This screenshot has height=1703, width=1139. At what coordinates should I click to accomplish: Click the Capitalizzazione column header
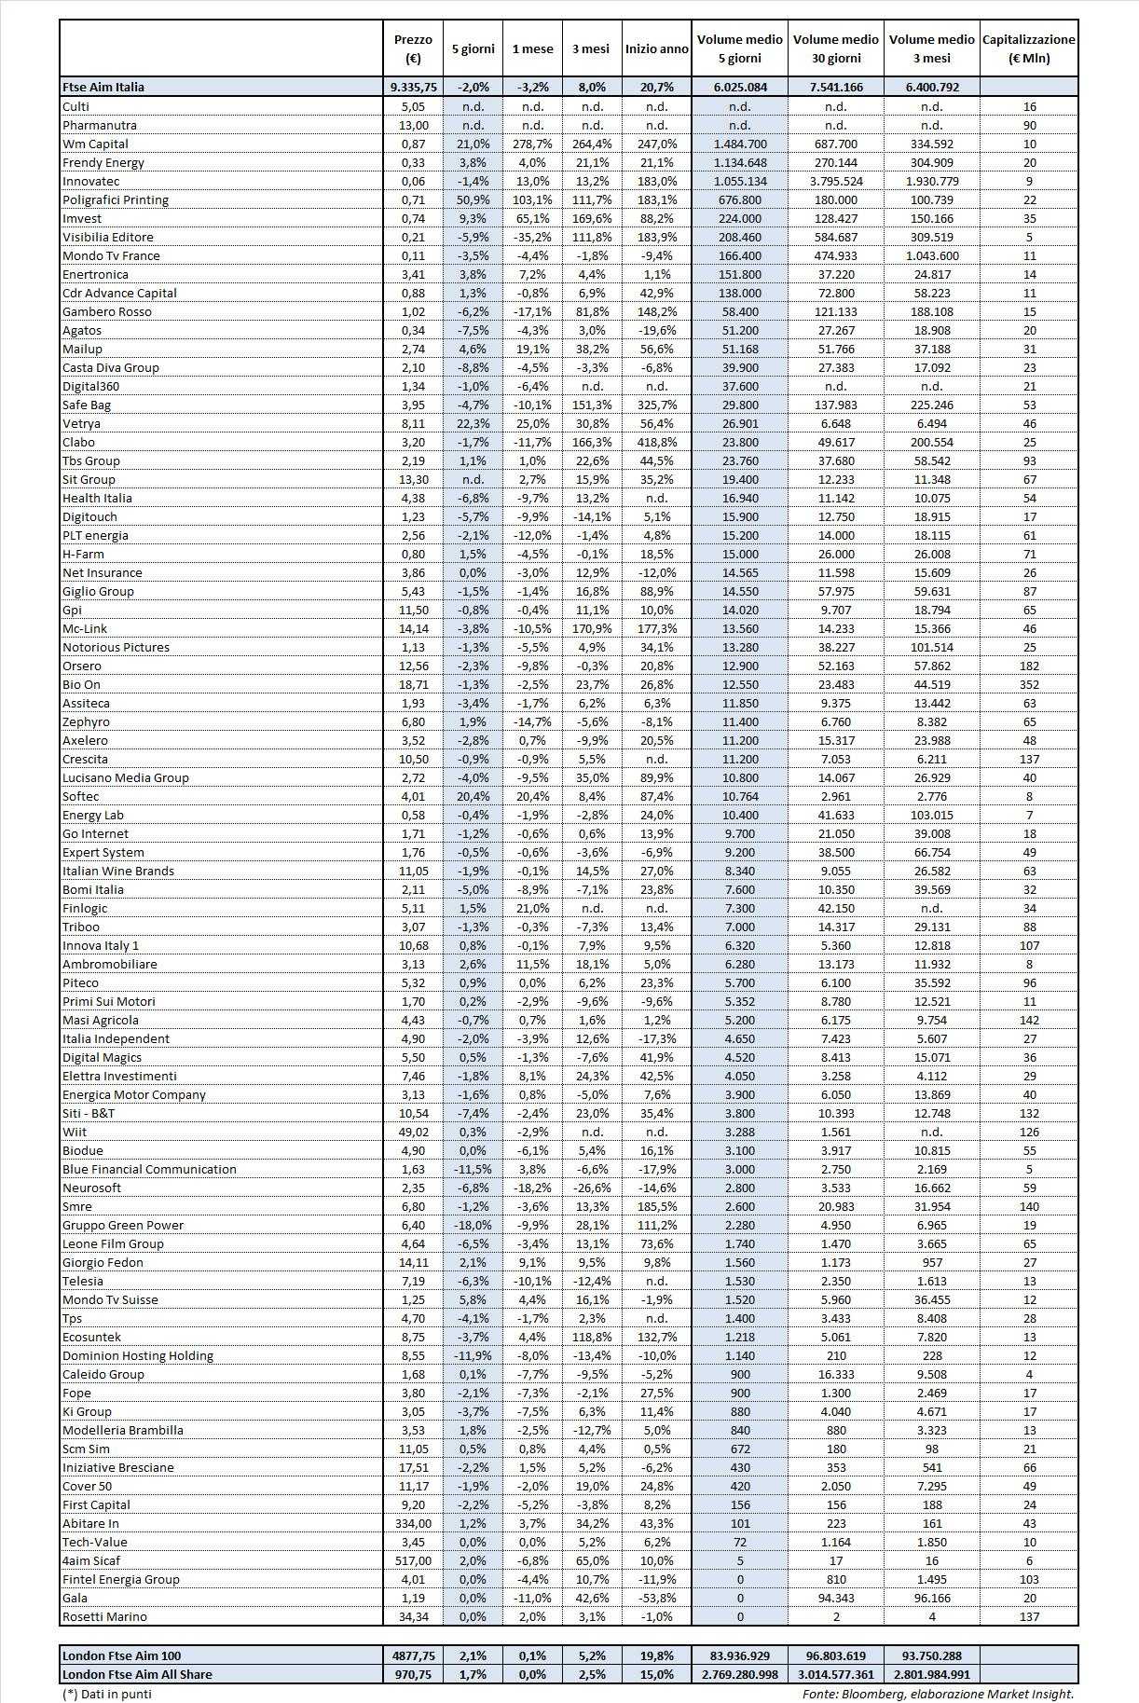pos(1028,48)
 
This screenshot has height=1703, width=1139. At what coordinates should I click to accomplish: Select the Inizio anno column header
pos(656,49)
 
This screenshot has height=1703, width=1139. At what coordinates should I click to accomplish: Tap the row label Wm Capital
pos(95,144)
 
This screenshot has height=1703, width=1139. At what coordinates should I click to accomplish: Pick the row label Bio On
pos(81,684)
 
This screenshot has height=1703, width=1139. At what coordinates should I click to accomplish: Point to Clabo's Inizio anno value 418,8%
pos(656,442)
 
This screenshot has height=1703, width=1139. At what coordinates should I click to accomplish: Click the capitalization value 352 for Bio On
pos(1029,684)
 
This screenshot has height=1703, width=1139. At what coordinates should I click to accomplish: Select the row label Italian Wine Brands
pos(118,871)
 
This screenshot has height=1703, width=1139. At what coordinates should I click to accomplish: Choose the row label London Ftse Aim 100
pos(122,1655)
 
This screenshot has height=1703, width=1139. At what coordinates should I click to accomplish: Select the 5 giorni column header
pos(473,49)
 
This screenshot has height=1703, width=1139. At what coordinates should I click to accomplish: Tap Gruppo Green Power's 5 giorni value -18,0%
pos(473,1225)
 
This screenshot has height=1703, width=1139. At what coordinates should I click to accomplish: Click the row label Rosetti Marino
pos(104,1616)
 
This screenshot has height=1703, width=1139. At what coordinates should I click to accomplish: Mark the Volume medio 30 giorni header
pos(835,48)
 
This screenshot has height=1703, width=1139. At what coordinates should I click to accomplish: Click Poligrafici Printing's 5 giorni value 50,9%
pos(473,199)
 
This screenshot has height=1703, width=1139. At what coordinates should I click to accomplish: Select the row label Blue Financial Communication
pos(149,1169)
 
